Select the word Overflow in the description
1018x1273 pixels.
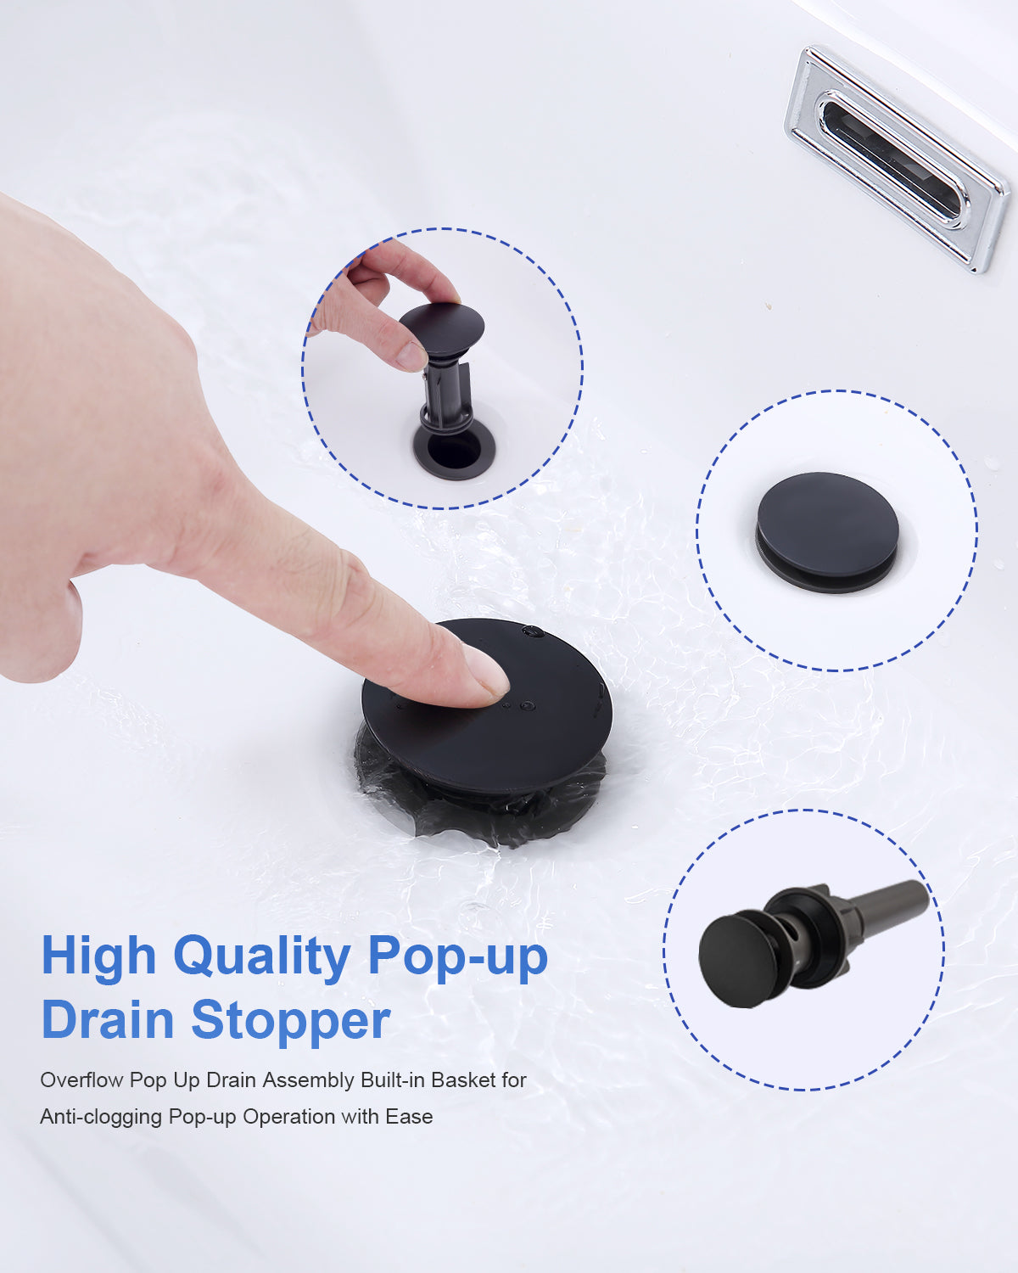(81, 1080)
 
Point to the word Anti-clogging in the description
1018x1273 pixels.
(101, 1118)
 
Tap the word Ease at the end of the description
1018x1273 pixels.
(409, 1117)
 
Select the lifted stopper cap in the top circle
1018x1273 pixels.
(442, 328)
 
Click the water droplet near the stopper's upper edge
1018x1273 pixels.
(533, 632)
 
